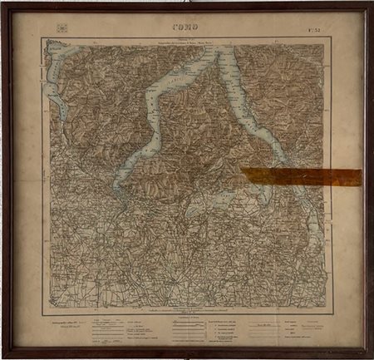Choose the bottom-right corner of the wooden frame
[x=370, y=356]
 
